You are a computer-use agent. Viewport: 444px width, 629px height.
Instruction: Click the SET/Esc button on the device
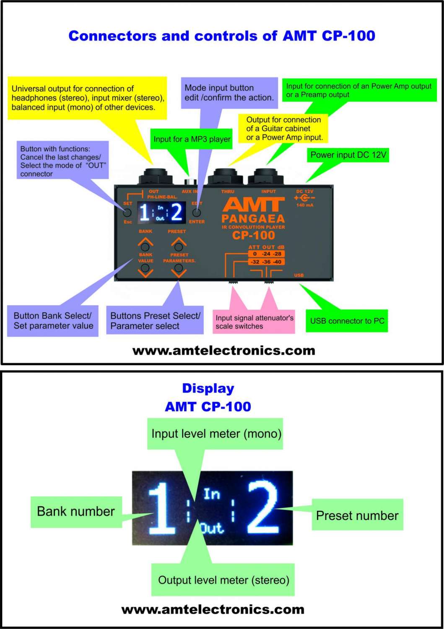click(127, 213)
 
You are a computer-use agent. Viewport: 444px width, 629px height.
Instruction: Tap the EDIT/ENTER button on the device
click(197, 213)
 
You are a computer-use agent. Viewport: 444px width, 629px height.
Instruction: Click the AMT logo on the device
click(253, 205)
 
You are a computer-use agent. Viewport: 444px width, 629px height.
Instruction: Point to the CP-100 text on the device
click(253, 235)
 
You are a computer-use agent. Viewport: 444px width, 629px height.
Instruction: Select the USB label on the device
click(299, 276)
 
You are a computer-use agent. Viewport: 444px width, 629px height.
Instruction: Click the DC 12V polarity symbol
click(305, 198)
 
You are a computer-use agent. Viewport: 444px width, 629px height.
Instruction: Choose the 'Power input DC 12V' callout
click(348, 155)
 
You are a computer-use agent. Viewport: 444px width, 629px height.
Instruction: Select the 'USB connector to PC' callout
click(347, 321)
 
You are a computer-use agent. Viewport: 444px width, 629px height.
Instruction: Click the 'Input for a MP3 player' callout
click(192, 139)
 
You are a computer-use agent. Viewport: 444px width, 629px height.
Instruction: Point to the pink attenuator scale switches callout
click(254, 322)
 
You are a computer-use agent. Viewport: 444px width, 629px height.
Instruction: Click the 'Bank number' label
click(76, 512)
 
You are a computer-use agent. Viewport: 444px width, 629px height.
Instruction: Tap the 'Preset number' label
click(357, 515)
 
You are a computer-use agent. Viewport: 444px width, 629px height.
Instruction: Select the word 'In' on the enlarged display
click(212, 494)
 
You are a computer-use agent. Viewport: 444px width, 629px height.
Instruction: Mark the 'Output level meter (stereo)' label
click(223, 580)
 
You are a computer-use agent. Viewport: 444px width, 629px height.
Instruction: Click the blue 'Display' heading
click(208, 388)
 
